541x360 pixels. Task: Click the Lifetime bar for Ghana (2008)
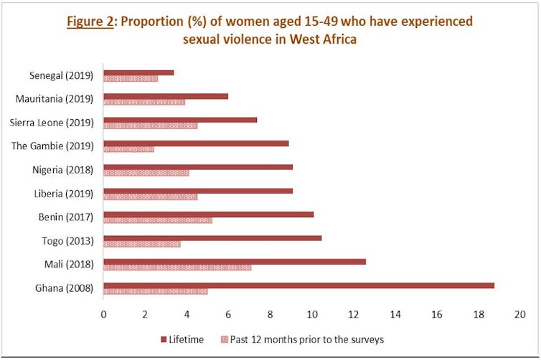coord(298,285)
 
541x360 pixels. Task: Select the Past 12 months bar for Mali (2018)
coord(177,267)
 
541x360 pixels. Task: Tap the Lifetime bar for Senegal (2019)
coord(138,72)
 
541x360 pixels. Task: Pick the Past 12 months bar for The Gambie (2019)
coord(128,149)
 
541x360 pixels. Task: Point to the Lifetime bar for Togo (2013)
coord(212,238)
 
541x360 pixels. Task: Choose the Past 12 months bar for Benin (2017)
coord(158,220)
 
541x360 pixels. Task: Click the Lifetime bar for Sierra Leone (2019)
coord(180,120)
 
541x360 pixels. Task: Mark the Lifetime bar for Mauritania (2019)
coord(166,96)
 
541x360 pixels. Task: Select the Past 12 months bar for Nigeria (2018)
coord(146,173)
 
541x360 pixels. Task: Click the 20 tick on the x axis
coord(520,314)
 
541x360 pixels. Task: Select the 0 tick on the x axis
coord(103,314)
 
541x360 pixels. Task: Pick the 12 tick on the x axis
coord(354,314)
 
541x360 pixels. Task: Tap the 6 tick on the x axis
coord(228,314)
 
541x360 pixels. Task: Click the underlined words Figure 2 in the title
coord(91,21)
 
